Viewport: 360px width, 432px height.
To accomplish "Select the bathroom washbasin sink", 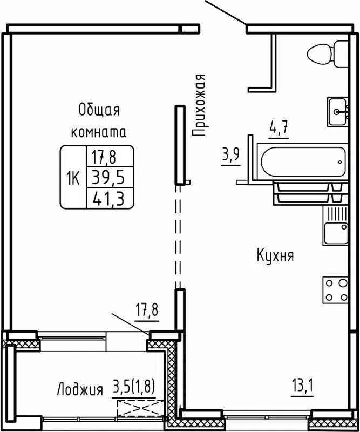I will click(338, 112).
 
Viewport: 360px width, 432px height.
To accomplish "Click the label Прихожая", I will click(200, 104).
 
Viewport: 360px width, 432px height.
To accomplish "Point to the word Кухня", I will click(275, 255).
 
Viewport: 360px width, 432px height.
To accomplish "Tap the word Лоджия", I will click(80, 389).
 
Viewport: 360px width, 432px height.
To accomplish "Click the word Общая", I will click(99, 110).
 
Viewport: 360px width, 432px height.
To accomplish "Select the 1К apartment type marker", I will click(73, 177).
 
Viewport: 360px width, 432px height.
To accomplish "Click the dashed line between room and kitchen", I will click(178, 238).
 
